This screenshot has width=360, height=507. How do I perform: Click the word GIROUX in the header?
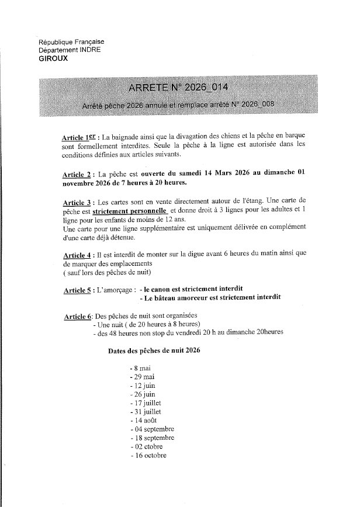point(52,58)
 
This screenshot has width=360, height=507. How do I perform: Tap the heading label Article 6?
point(77,317)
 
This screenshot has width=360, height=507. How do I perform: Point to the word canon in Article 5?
point(167,289)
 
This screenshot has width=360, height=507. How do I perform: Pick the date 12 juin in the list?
point(144,386)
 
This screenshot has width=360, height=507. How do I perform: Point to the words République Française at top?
point(71,42)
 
